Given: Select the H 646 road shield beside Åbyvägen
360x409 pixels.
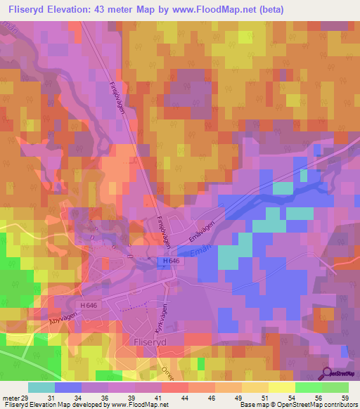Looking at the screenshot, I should pyautogui.click(x=88, y=304).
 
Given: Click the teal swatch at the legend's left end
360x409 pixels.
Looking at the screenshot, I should pyautogui.click(x=41, y=387).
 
